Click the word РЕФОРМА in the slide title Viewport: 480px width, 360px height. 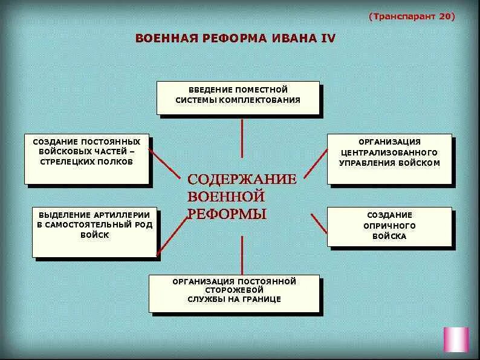tap(233, 38)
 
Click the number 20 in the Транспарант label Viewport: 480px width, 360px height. tap(445, 16)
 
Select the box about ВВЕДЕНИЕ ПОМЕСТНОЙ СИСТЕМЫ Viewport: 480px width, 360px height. tap(238, 97)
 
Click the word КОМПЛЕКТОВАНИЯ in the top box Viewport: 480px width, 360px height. tap(264, 100)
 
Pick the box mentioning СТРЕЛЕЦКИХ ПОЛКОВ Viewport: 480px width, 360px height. tap(86, 159)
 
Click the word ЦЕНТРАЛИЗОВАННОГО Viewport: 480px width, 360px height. tap(389, 152)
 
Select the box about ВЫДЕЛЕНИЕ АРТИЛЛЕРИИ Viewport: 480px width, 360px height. tap(94, 232)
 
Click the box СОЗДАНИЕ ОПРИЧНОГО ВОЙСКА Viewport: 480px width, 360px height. tap(389, 226)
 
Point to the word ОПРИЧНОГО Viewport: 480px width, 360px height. tap(390, 226)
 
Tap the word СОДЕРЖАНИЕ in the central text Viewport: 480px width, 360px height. tap(242, 180)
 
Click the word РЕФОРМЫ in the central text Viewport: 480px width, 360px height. tap(227, 214)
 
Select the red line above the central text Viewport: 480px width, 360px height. tap(242, 138)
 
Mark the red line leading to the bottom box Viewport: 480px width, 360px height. tap(242, 254)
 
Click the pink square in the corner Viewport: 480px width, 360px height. tap(456, 339)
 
